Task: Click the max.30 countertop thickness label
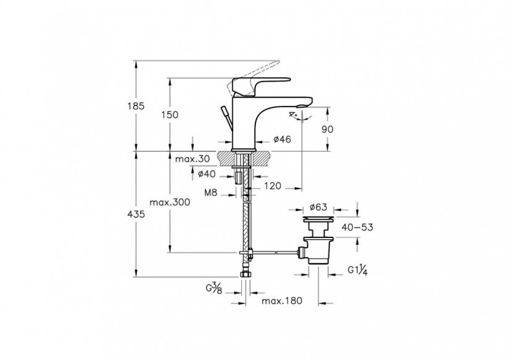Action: pyautogui.click(x=189, y=160)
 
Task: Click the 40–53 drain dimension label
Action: pyautogui.click(x=357, y=227)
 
